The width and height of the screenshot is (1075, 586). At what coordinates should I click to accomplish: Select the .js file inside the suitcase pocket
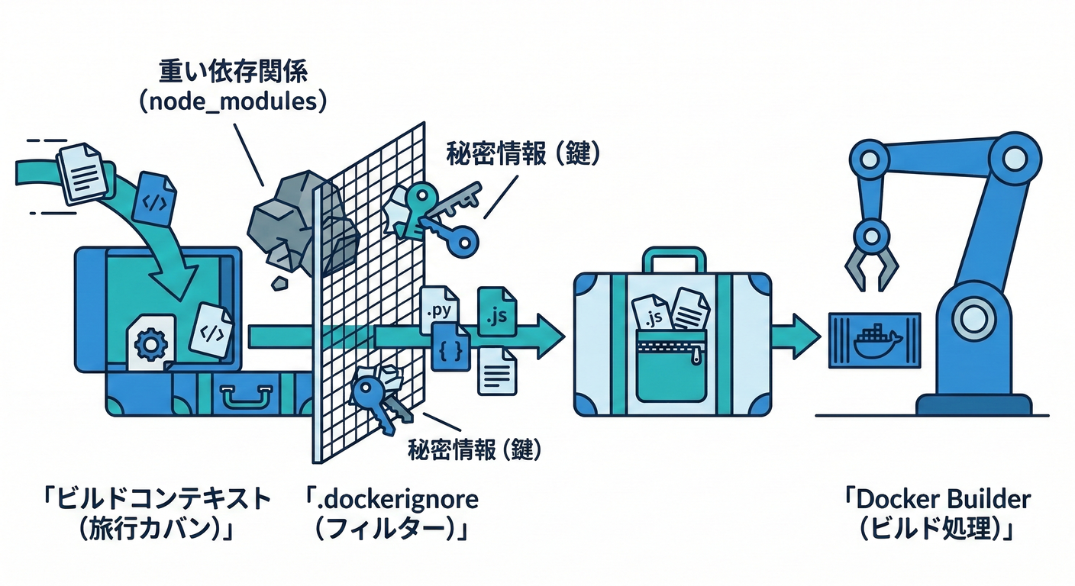point(653,314)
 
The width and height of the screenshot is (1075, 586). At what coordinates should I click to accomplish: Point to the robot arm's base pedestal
point(973,404)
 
